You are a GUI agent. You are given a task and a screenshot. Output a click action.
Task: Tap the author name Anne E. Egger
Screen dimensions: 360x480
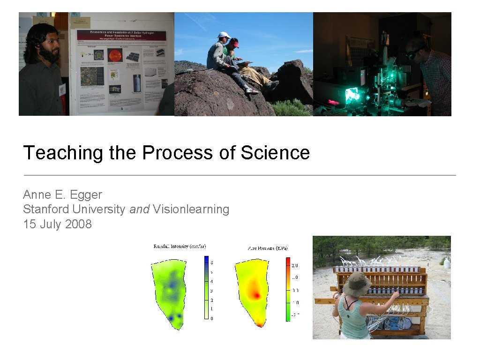[x=62, y=195]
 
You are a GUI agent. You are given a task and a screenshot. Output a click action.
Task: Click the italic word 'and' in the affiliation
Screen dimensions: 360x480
[x=139, y=209]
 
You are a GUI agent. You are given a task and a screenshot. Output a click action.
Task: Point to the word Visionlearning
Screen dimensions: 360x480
[x=191, y=209]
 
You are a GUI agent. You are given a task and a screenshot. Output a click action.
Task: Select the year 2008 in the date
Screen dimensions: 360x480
[x=78, y=224]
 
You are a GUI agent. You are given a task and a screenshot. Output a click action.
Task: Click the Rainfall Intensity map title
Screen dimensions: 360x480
[x=180, y=247]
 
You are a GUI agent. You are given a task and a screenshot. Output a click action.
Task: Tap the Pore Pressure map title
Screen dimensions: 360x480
[x=267, y=247]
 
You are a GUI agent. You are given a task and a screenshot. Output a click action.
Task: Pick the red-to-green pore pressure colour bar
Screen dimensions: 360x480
[x=288, y=289]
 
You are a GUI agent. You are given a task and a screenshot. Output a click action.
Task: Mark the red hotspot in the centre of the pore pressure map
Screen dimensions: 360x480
[x=255, y=293]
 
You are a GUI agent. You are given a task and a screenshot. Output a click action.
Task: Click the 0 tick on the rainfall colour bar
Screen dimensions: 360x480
[x=212, y=318]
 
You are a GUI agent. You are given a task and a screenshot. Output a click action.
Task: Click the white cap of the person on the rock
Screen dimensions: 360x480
[x=224, y=35]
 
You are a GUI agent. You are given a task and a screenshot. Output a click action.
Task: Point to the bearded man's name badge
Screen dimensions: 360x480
[x=62, y=89]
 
